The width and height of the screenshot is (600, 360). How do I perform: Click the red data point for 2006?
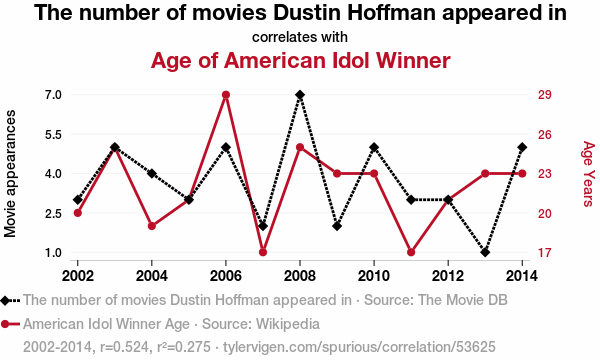226,95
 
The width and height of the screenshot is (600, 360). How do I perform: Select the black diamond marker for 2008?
300,95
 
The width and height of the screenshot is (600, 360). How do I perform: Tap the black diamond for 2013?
485,252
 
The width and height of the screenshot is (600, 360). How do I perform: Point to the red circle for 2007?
263,252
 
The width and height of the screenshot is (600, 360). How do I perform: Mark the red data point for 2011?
411,252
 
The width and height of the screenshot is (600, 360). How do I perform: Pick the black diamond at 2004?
152,174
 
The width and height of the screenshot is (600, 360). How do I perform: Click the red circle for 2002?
78,213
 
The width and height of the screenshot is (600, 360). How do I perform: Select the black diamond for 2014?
522,147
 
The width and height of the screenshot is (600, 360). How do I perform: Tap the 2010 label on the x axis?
374,275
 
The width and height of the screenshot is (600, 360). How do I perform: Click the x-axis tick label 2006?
226,275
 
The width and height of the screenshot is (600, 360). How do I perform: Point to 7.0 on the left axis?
53,95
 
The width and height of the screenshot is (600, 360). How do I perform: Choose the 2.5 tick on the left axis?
53,213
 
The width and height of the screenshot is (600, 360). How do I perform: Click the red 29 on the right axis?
545,95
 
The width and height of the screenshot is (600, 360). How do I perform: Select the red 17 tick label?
545,252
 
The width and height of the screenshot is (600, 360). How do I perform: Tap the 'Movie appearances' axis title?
10,174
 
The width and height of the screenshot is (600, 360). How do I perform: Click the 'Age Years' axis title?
589,174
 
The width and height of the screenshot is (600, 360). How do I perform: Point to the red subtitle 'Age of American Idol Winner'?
300,61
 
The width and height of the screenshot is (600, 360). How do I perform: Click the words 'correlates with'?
300,37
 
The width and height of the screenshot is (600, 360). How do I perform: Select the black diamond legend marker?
5,300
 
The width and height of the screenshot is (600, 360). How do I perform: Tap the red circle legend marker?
5,324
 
